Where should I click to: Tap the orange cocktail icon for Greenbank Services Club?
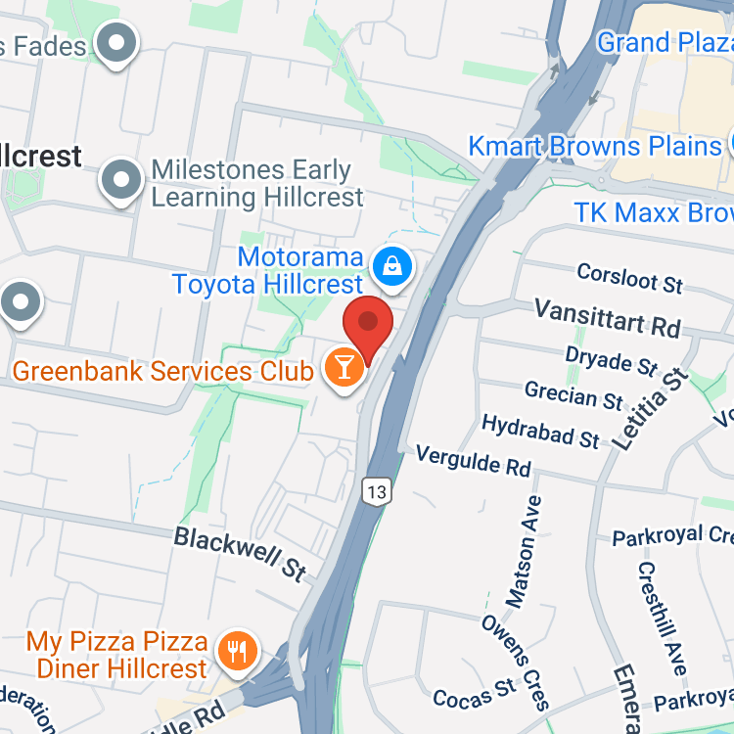coord(344,368)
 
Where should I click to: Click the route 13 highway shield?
coord(376,491)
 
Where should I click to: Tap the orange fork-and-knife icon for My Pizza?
coord(236,650)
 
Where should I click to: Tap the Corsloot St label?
coord(629,278)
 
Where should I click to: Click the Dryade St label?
coord(612,361)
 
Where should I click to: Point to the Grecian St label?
coord(573,395)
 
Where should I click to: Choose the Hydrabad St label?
coord(540,431)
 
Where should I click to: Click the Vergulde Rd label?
coord(474,462)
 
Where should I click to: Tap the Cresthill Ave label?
coord(662,619)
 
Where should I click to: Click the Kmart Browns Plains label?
coord(594,147)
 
